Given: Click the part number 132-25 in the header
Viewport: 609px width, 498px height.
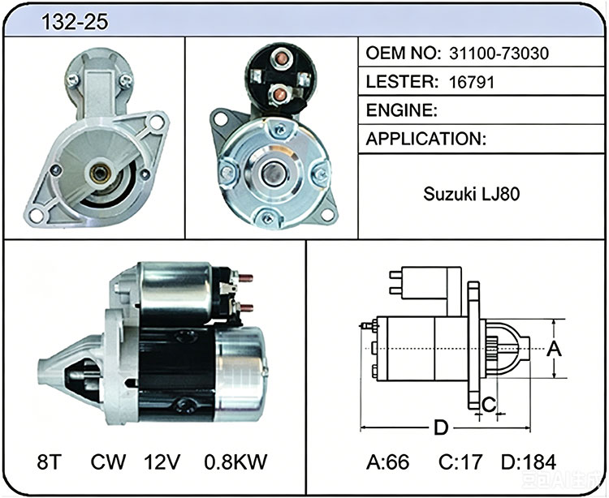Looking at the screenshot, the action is (x=75, y=22).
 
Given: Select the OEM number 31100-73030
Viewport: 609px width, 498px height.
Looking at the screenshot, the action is (x=499, y=54).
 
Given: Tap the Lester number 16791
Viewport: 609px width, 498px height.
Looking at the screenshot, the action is (x=472, y=82).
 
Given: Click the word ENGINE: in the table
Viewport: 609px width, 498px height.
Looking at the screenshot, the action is (x=402, y=110).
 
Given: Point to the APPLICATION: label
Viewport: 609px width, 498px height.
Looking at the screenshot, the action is (x=425, y=139).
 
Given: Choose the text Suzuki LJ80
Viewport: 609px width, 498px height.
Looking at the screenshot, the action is (x=471, y=194).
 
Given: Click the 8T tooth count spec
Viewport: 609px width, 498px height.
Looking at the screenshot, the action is (x=50, y=462).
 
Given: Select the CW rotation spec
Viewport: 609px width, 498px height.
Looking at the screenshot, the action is (x=108, y=462).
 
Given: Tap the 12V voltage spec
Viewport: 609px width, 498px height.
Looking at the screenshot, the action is (x=162, y=462).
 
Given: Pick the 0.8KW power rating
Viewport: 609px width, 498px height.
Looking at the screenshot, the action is (x=235, y=462).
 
